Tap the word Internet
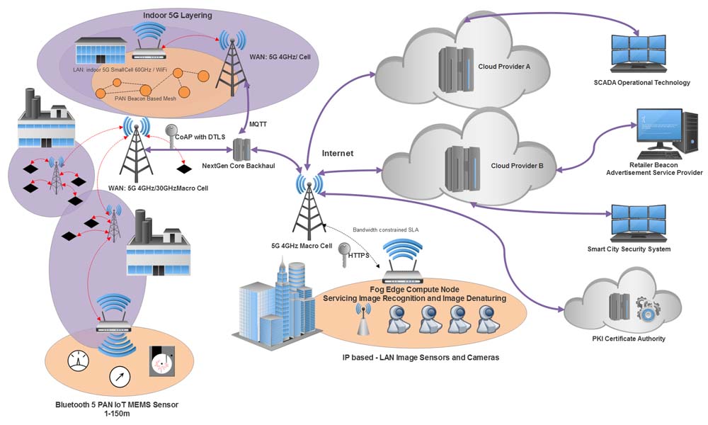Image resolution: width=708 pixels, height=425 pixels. [338, 153]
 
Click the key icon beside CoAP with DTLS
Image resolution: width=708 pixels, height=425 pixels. [171, 132]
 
